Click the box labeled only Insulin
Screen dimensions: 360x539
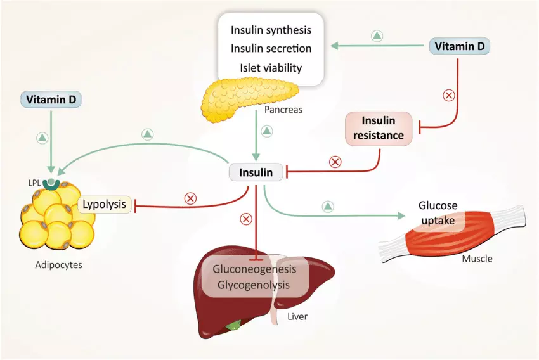point(256,172)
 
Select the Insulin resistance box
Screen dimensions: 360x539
point(379,127)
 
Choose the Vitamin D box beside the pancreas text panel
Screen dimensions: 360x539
point(460,46)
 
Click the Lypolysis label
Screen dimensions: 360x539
point(106,205)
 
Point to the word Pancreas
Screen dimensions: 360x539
point(283,110)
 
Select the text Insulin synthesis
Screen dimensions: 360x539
point(271,30)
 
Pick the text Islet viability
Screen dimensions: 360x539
point(271,68)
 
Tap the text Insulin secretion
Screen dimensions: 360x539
point(271,49)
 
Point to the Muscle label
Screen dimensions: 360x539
point(477,259)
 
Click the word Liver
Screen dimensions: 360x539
point(297,316)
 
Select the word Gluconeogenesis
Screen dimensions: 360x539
point(254,269)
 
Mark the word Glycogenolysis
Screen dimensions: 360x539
point(254,285)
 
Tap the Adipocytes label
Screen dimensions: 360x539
point(58,265)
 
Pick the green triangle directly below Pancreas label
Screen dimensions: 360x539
point(267,131)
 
